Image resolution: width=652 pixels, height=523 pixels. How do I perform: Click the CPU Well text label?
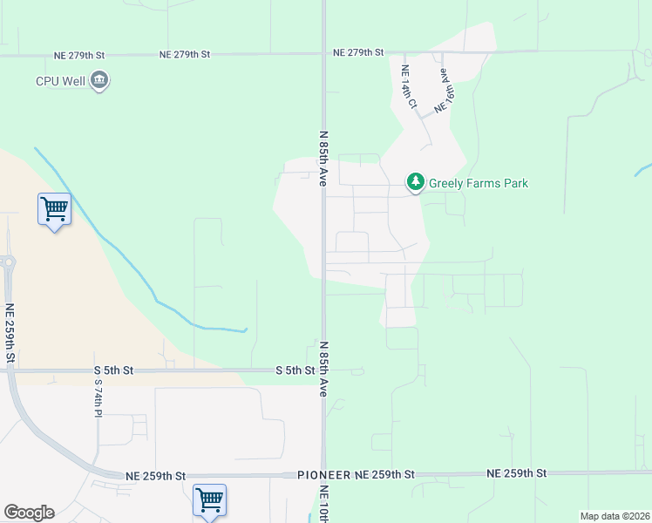coord(59,81)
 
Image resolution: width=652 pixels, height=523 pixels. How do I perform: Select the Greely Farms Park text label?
coord(479,183)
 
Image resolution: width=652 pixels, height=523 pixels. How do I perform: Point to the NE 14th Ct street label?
coord(409,87)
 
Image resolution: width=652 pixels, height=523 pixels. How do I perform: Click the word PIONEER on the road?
coord(323,474)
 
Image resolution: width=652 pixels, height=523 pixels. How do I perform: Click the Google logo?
coord(29,513)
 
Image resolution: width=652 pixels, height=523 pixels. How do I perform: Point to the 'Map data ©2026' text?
coord(615,516)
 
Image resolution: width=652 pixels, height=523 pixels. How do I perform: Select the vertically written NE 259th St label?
coord(10,334)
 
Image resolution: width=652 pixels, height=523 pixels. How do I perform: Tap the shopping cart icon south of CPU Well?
coord(54,209)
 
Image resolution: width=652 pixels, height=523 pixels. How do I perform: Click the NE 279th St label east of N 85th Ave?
coord(358,53)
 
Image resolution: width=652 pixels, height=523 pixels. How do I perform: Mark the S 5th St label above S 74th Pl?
coord(113,370)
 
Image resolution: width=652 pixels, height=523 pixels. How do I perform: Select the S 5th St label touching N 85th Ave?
coord(295,370)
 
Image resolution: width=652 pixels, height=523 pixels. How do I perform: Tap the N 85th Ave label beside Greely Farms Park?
coord(323,159)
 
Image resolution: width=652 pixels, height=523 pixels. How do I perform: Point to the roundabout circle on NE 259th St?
coord(8,262)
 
